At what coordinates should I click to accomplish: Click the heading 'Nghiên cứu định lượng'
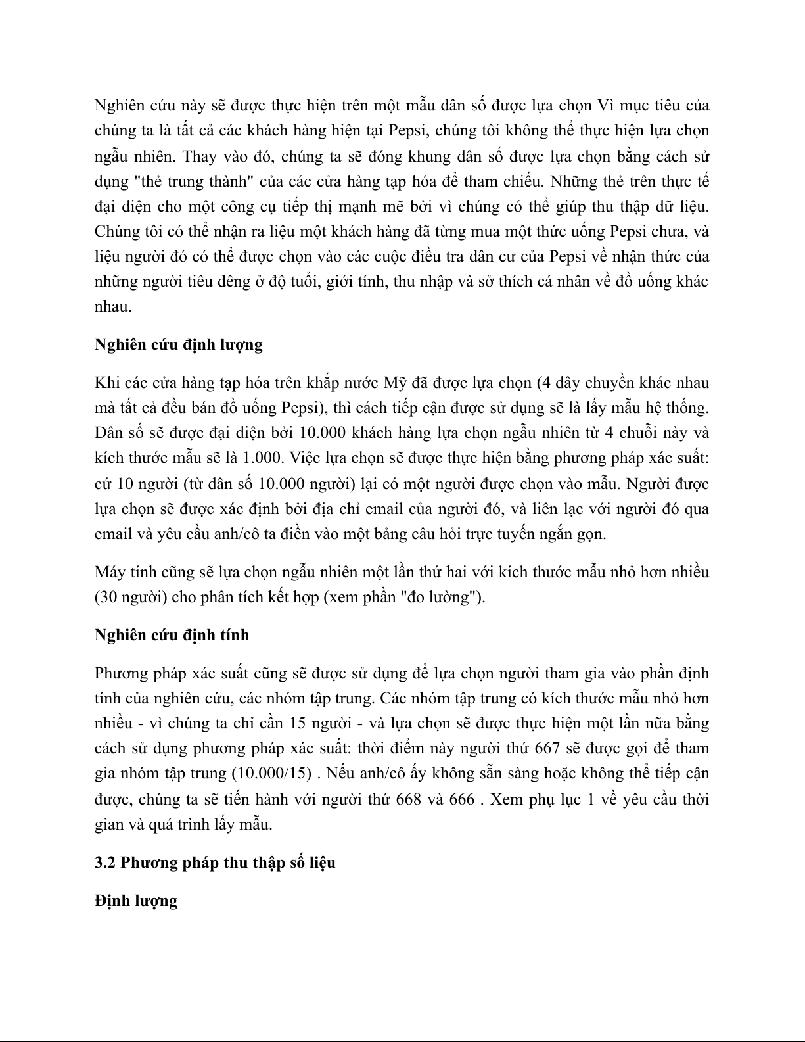178,344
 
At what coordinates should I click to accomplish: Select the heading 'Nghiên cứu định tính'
172,635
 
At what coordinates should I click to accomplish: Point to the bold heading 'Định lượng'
136,901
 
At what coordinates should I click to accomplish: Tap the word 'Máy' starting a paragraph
109,572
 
